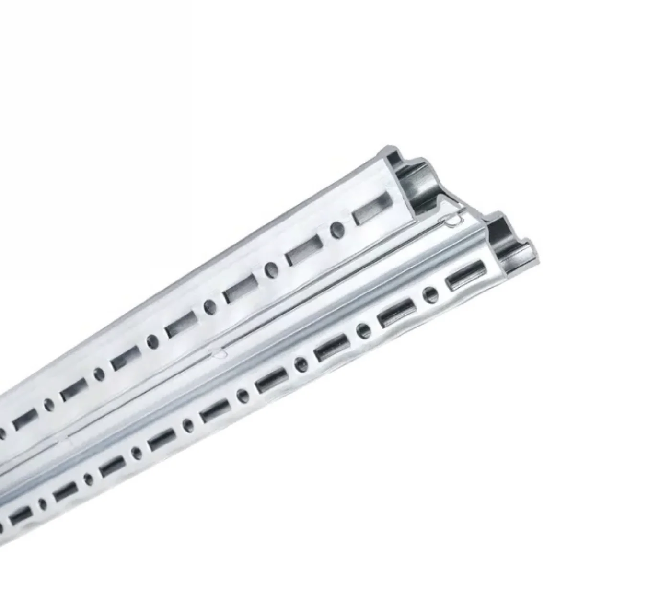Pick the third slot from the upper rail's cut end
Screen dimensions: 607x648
240,289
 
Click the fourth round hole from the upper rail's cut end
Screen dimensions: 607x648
152,341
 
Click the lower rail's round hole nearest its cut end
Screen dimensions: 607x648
431,295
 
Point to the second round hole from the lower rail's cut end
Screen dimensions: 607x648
363,330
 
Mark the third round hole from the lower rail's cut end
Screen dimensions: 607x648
301,362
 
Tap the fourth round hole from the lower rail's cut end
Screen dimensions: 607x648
243,395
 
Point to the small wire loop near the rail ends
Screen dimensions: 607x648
452,221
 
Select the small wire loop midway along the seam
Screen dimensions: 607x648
220,354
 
